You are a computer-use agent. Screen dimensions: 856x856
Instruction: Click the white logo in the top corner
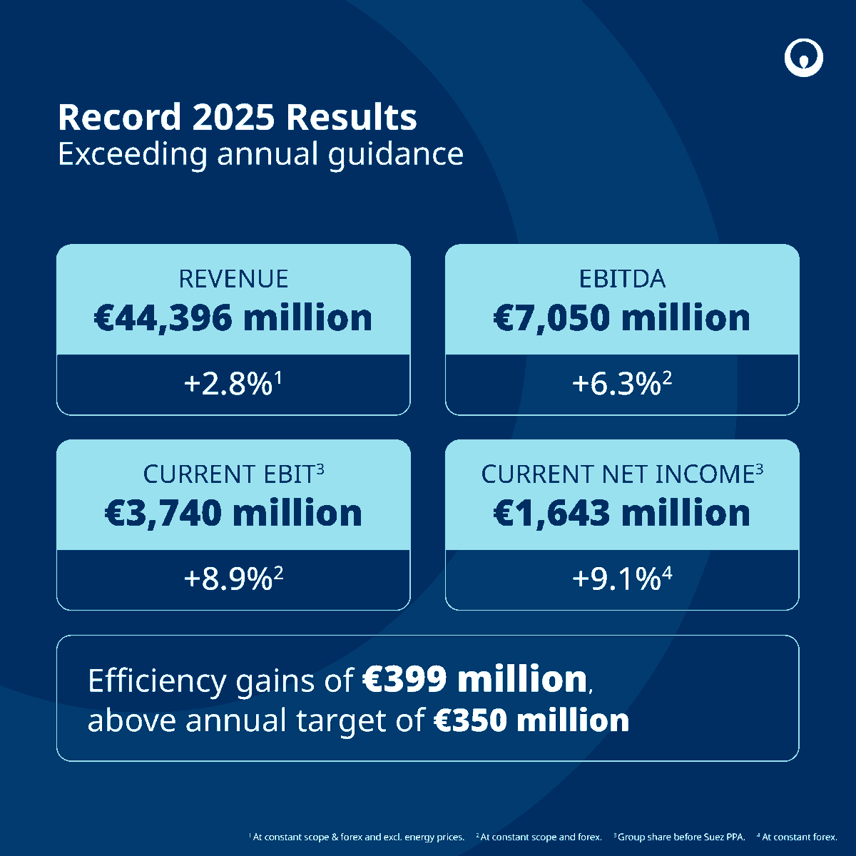pyautogui.click(x=804, y=58)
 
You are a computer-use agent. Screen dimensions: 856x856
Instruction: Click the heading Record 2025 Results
pyautogui.click(x=237, y=118)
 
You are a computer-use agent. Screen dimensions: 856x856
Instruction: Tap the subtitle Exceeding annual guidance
pyautogui.click(x=260, y=154)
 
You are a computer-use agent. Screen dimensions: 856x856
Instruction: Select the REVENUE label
pyautogui.click(x=233, y=278)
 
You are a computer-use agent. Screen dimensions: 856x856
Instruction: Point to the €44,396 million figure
pyautogui.click(x=233, y=317)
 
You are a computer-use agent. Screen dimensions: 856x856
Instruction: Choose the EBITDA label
pyautogui.click(x=622, y=278)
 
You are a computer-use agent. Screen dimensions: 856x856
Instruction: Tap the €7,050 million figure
pyautogui.click(x=622, y=317)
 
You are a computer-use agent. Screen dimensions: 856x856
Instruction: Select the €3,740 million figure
pyautogui.click(x=233, y=513)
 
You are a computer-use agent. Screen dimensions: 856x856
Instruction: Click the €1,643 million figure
pyautogui.click(x=622, y=513)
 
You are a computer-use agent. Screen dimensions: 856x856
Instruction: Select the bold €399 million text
pyautogui.click(x=475, y=680)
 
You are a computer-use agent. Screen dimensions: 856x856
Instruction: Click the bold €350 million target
pyautogui.click(x=532, y=720)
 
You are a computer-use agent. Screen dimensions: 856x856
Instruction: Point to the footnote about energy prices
pyautogui.click(x=357, y=837)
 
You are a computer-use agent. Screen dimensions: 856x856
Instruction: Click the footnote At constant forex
pyautogui.click(x=798, y=837)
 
